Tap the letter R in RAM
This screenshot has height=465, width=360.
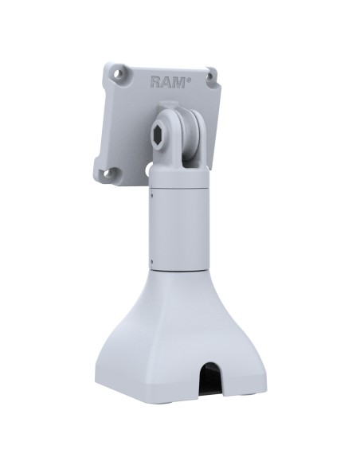click(x=155, y=81)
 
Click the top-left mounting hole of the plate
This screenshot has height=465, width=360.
click(x=119, y=74)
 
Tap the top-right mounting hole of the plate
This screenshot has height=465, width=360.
click(x=210, y=77)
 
